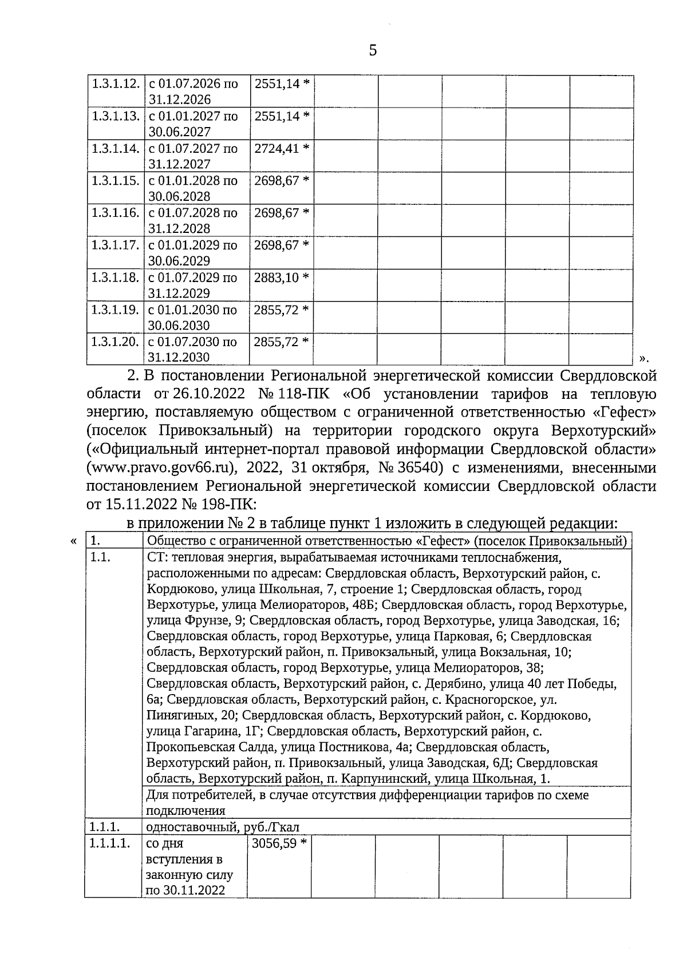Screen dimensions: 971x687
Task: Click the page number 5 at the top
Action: [373, 50]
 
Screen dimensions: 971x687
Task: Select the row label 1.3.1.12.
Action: [116, 84]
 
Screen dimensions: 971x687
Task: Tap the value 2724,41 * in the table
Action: [282, 148]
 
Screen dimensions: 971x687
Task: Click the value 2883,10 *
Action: [282, 278]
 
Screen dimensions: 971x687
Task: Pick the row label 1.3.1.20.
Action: [116, 342]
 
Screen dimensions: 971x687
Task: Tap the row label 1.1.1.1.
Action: [109, 843]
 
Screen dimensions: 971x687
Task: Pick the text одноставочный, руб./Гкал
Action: [223, 827]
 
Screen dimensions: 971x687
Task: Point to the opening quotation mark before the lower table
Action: [73, 541]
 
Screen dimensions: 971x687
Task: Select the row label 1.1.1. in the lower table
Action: [104, 827]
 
